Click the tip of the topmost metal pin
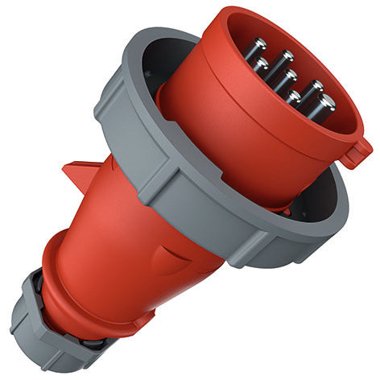[x=260, y=46]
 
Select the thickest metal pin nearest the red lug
[x=325, y=104]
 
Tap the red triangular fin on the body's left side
[x=81, y=172]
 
